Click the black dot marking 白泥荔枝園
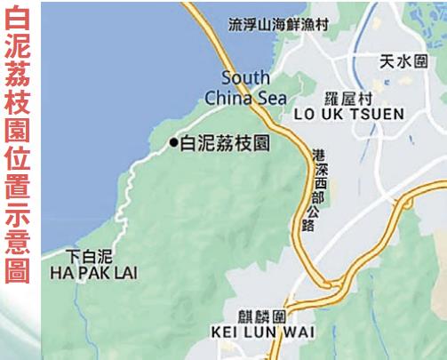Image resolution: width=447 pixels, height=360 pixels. pyautogui.click(x=173, y=142)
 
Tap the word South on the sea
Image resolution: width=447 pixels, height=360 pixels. pyautogui.click(x=245, y=77)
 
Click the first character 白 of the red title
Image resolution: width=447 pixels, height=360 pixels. pyautogui.click(x=18, y=19)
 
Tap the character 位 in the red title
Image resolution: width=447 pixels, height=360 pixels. pyautogui.click(x=18, y=161)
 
